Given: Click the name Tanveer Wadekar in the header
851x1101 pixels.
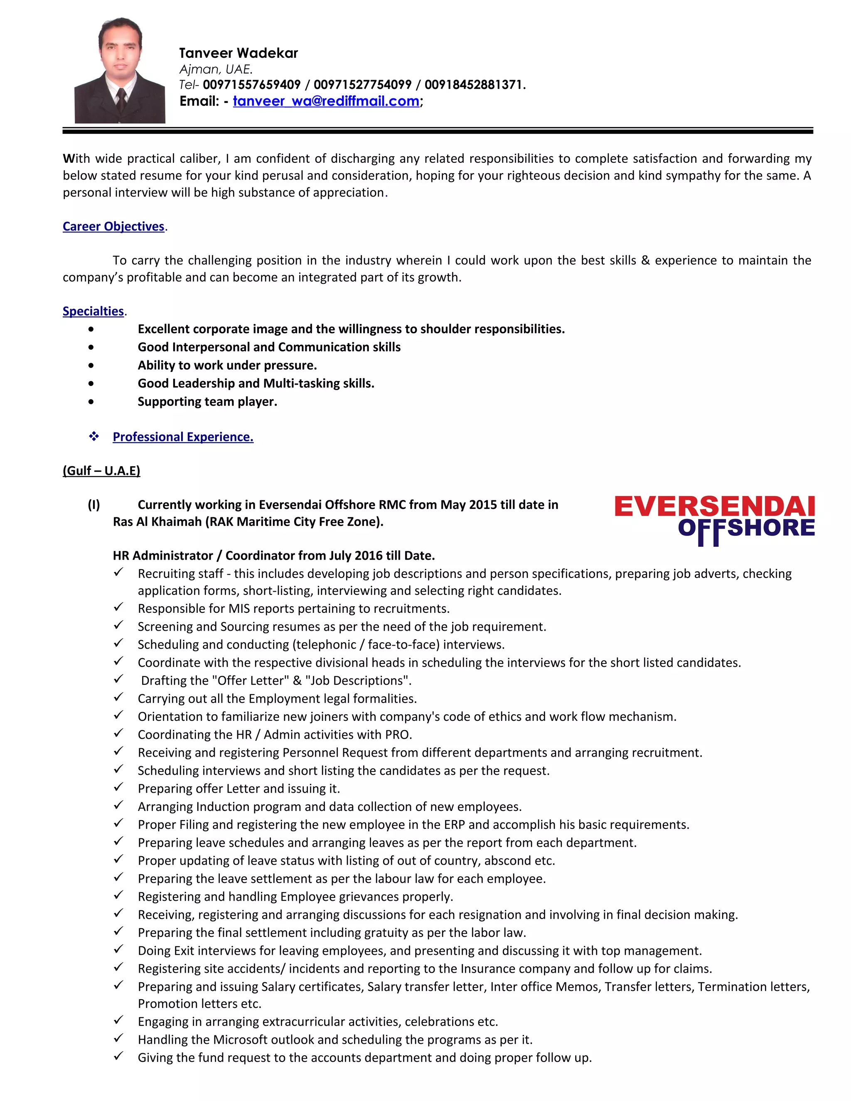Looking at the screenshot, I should click(x=238, y=53).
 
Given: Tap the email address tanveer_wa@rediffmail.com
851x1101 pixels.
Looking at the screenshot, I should click(x=326, y=101).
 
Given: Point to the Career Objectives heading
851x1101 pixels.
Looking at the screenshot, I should click(x=113, y=226).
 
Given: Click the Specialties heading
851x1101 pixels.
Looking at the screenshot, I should click(x=93, y=311).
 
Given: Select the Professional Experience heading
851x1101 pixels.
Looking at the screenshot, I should click(x=182, y=437).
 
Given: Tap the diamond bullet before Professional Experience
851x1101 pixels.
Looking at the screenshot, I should click(x=94, y=437).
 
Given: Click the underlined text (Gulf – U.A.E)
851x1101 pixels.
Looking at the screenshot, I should click(x=101, y=470).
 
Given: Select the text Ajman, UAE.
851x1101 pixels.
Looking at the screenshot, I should click(x=216, y=69).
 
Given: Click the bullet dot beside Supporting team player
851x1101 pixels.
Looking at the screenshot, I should click(x=91, y=402).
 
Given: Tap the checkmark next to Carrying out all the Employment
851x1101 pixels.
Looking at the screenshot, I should click(x=118, y=697).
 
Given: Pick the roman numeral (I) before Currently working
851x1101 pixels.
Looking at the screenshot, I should click(x=94, y=505).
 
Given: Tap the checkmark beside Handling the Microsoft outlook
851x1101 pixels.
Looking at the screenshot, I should click(x=118, y=1039).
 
